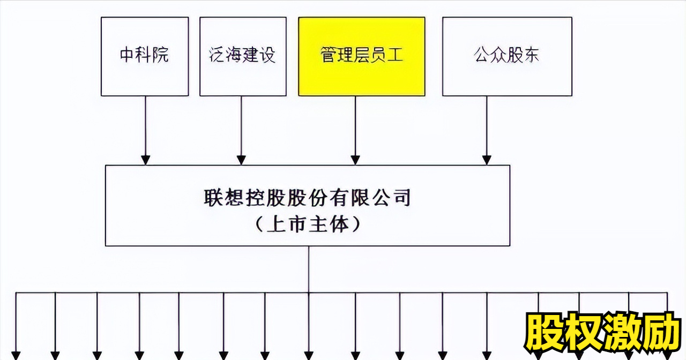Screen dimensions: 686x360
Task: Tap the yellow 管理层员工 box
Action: (x=362, y=56)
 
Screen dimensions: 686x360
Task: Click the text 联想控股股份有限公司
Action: (x=307, y=198)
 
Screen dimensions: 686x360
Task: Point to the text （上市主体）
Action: (x=308, y=224)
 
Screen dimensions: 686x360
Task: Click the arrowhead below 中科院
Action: (x=145, y=160)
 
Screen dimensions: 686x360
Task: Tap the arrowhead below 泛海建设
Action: (x=241, y=160)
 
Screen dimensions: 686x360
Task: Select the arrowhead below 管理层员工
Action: (x=355, y=160)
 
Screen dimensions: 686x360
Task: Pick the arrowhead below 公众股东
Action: (x=487, y=160)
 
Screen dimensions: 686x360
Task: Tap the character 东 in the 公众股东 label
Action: (x=531, y=55)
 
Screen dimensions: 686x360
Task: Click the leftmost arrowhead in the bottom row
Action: (x=16, y=355)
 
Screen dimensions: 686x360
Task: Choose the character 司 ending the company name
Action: (x=402, y=198)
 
